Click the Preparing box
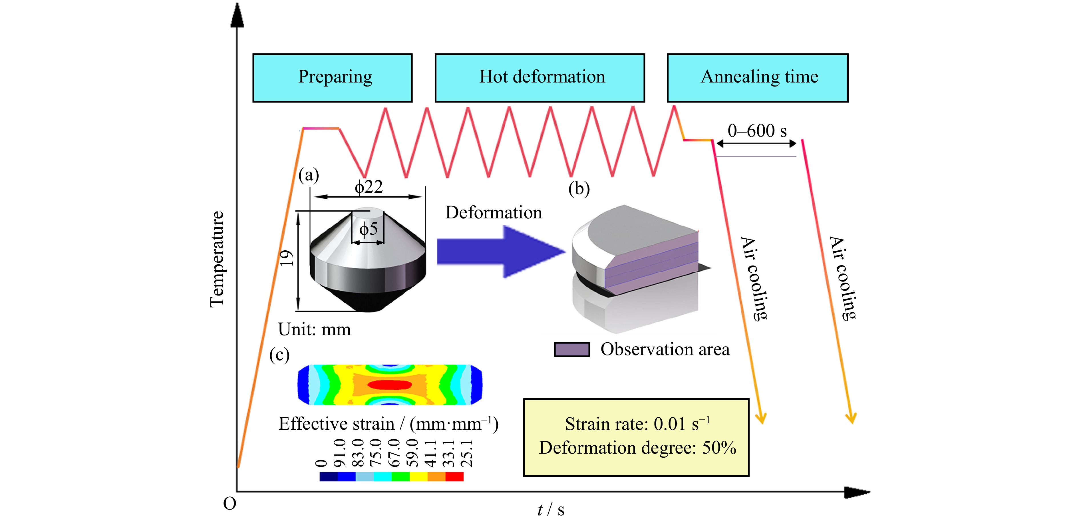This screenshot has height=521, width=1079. (x=332, y=78)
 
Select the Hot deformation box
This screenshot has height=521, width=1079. (x=539, y=78)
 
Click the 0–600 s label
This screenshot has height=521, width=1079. (x=757, y=131)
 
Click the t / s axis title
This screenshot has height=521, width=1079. (x=551, y=509)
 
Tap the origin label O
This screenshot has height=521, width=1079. (x=230, y=503)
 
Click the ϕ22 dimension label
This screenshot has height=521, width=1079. (x=369, y=187)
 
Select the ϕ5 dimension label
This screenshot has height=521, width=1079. (x=369, y=229)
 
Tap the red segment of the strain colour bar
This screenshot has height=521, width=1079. (x=454, y=476)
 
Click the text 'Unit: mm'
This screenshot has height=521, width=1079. (x=314, y=330)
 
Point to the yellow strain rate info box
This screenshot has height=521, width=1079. (x=636, y=437)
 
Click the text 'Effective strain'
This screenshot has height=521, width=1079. (x=336, y=424)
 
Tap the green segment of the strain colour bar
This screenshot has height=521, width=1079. (x=400, y=476)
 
